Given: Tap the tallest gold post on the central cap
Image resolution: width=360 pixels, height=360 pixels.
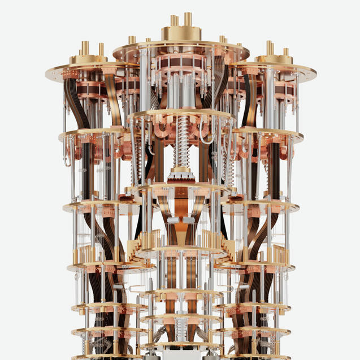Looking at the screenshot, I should tap(188, 19).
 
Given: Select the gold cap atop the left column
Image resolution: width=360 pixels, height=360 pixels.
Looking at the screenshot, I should tap(88, 59).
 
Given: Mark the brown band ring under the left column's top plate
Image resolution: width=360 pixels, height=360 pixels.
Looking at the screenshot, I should tap(91, 90).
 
